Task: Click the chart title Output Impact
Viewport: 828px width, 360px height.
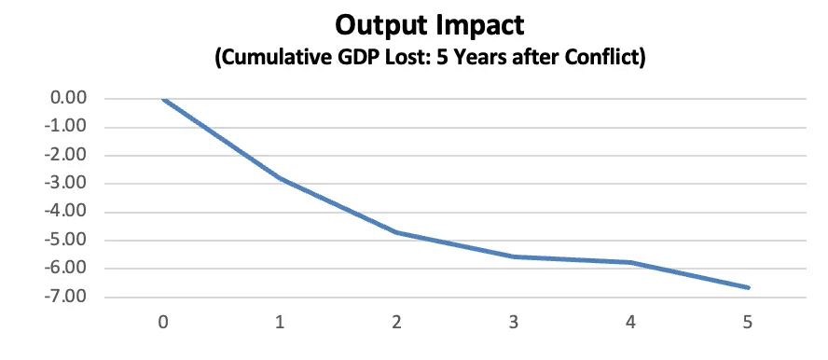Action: tap(429, 25)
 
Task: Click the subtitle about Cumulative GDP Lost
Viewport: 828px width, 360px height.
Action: tap(430, 58)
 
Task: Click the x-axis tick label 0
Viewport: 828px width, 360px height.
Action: tap(163, 323)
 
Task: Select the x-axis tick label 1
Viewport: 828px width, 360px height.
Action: tap(280, 323)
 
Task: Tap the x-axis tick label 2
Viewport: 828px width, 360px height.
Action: tap(396, 323)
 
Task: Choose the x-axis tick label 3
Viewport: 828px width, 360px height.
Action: tap(514, 323)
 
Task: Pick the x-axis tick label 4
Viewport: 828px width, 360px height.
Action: tap(630, 323)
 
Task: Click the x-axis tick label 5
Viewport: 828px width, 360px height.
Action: tap(747, 323)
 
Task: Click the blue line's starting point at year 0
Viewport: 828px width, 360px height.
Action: tap(163, 99)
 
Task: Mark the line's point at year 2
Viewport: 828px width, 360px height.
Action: tap(396, 232)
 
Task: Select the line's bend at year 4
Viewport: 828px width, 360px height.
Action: tap(630, 262)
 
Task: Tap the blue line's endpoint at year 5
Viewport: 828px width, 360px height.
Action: tap(748, 287)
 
